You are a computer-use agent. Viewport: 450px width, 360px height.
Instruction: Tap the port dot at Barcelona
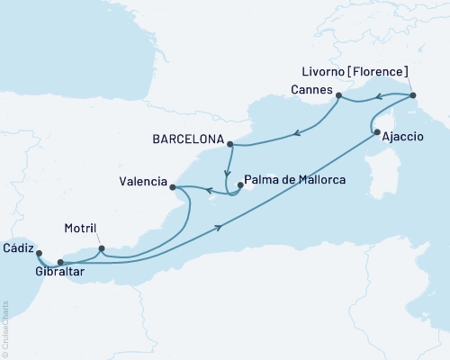point(231,144)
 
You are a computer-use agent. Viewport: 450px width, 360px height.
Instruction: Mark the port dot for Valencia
point(173,187)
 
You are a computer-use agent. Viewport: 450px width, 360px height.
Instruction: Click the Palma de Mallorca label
point(294,179)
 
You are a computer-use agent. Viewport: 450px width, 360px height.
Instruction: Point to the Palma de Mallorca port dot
point(239,187)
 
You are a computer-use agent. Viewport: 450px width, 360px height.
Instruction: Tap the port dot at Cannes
point(338,94)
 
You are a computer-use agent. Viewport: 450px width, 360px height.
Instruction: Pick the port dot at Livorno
point(412,95)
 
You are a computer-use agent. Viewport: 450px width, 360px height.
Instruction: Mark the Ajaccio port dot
point(375,134)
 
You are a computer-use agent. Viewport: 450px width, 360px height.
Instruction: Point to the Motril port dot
point(101,248)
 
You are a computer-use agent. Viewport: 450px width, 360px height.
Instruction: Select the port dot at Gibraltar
point(60,263)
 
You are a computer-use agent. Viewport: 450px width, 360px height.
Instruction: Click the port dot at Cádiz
point(38,254)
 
